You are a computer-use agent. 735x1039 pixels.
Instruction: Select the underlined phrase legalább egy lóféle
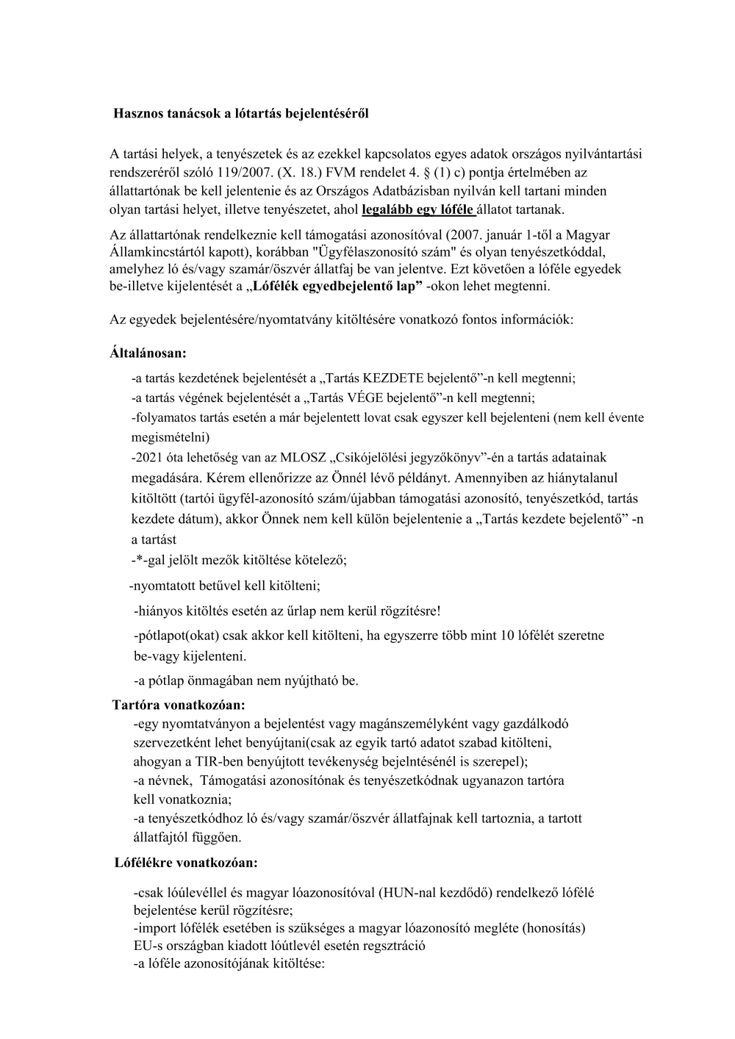pyautogui.click(x=418, y=209)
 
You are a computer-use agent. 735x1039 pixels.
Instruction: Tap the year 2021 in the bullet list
pyautogui.click(x=151, y=457)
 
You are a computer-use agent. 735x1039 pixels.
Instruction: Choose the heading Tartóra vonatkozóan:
pyautogui.click(x=179, y=705)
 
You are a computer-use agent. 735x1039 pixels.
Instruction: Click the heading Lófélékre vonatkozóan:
pyautogui.click(x=186, y=863)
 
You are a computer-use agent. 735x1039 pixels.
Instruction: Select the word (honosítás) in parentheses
pyautogui.click(x=553, y=927)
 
